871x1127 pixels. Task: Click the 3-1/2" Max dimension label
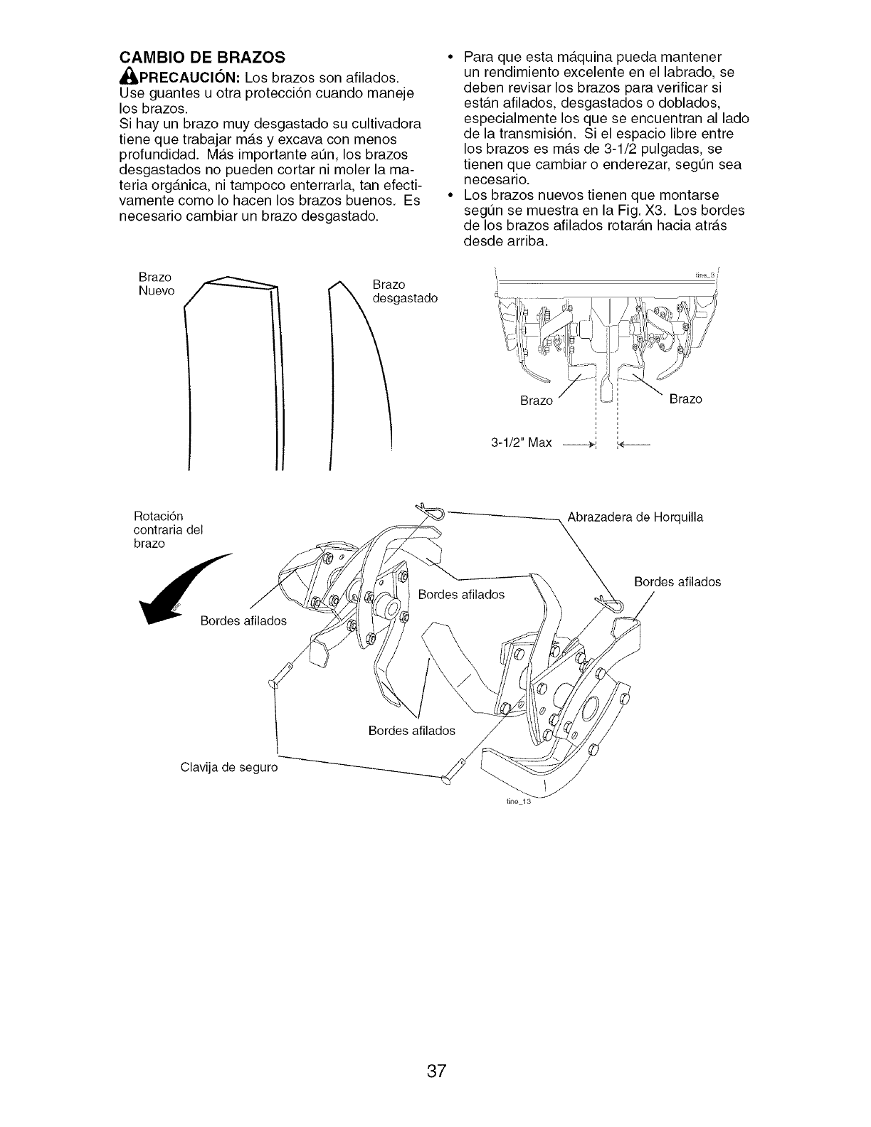(x=521, y=443)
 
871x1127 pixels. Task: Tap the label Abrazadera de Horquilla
(x=635, y=517)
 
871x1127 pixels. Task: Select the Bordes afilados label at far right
(x=677, y=582)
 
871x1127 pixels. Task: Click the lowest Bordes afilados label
(x=411, y=731)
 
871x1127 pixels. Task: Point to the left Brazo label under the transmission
(x=537, y=401)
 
